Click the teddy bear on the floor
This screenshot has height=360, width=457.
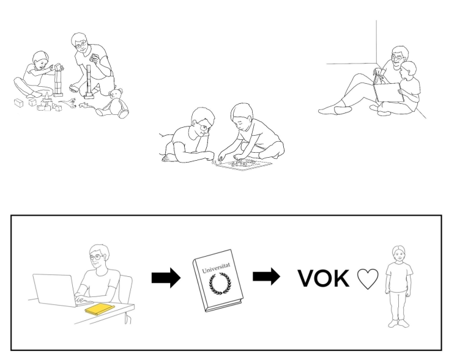pos(114,104)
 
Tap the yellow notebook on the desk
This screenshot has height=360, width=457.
pos(100,309)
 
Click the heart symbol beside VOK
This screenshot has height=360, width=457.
pos(368,279)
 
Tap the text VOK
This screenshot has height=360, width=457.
pos(324,279)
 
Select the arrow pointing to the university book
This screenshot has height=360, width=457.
pos(166,278)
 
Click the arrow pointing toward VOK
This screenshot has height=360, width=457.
pos(266,276)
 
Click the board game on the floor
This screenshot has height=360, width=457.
pos(243,164)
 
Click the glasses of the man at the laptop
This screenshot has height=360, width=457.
pos(97,257)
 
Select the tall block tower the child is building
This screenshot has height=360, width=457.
pos(58,81)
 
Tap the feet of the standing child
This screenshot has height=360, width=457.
pos(398,323)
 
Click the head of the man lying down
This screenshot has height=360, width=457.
pos(202,122)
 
